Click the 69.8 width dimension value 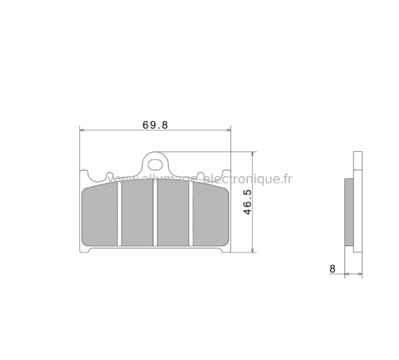(x=155, y=124)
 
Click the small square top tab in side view (x=356, y=160)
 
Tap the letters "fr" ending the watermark (x=286, y=178)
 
